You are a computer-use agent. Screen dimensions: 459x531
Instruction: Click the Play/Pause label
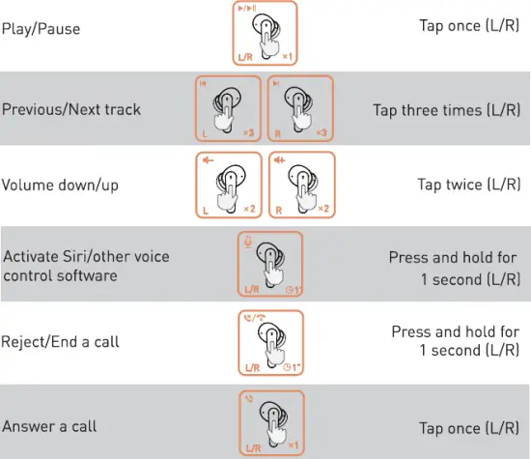(x=41, y=29)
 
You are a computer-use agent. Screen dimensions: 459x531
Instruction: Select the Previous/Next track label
(x=70, y=108)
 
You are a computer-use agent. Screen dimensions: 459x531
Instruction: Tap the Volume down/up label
(x=60, y=185)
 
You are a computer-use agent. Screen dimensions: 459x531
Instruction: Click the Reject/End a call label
(x=61, y=343)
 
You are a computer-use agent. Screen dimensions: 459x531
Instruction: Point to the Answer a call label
(x=49, y=425)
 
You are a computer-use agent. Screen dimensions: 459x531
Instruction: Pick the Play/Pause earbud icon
(x=265, y=34)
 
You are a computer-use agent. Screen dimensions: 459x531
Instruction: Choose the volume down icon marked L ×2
(x=229, y=184)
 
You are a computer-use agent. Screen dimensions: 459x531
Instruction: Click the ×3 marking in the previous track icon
(x=248, y=131)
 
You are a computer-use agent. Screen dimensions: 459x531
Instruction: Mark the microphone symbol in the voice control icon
(x=250, y=242)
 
